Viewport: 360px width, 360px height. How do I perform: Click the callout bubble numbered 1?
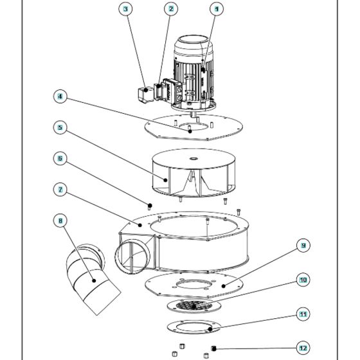click(x=216, y=9)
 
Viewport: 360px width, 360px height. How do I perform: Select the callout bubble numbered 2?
click(x=170, y=9)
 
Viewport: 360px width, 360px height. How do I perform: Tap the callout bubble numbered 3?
click(x=125, y=9)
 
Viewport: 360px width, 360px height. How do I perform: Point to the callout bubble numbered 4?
click(x=60, y=98)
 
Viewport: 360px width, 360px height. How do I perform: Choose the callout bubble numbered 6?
click(x=60, y=158)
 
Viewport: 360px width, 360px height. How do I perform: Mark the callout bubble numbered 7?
click(x=60, y=190)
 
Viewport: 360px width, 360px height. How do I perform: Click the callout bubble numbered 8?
click(x=60, y=221)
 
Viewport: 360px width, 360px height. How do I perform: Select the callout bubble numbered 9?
click(x=302, y=246)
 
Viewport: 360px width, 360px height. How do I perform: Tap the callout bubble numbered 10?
click(x=302, y=280)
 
